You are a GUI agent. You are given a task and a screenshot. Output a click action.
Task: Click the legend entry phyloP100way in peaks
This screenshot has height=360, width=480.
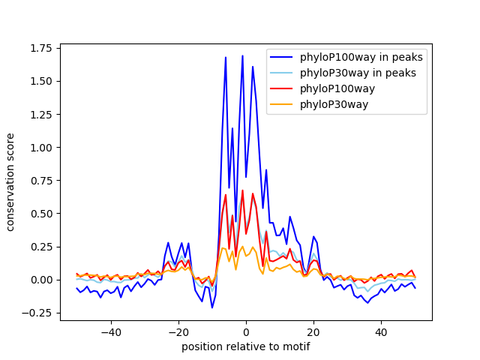tap(361, 57)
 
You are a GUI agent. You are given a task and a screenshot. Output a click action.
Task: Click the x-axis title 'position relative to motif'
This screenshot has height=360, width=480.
tap(245, 347)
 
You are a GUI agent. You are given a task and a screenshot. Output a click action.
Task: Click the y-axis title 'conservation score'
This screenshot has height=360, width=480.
tap(11, 182)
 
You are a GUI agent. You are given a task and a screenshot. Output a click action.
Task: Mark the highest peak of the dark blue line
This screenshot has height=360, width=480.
tap(242, 56)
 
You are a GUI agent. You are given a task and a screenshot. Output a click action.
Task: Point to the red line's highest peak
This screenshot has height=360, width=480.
tap(242, 190)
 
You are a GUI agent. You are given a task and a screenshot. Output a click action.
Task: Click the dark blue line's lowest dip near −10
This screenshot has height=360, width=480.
tap(212, 307)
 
